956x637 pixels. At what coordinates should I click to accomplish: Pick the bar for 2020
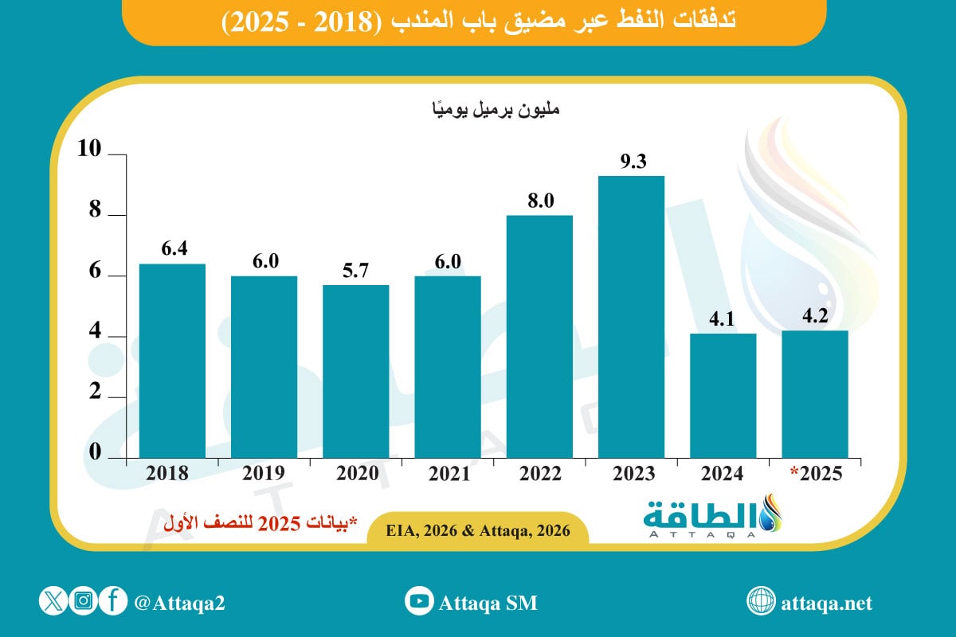point(355,371)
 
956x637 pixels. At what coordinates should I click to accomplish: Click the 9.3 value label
point(633,162)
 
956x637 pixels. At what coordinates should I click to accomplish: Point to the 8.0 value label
point(540,201)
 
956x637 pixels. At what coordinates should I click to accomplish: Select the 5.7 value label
point(356,272)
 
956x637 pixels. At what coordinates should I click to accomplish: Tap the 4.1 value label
point(723,319)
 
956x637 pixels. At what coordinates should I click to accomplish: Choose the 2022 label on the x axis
point(540,474)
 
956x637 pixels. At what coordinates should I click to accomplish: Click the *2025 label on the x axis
point(814,474)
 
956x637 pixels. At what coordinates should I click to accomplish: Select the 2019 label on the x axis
point(264,474)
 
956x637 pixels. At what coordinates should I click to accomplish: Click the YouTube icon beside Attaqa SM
point(418,602)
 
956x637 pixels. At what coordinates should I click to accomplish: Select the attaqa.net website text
point(828,603)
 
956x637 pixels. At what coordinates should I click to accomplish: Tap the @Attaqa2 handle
point(179,603)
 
